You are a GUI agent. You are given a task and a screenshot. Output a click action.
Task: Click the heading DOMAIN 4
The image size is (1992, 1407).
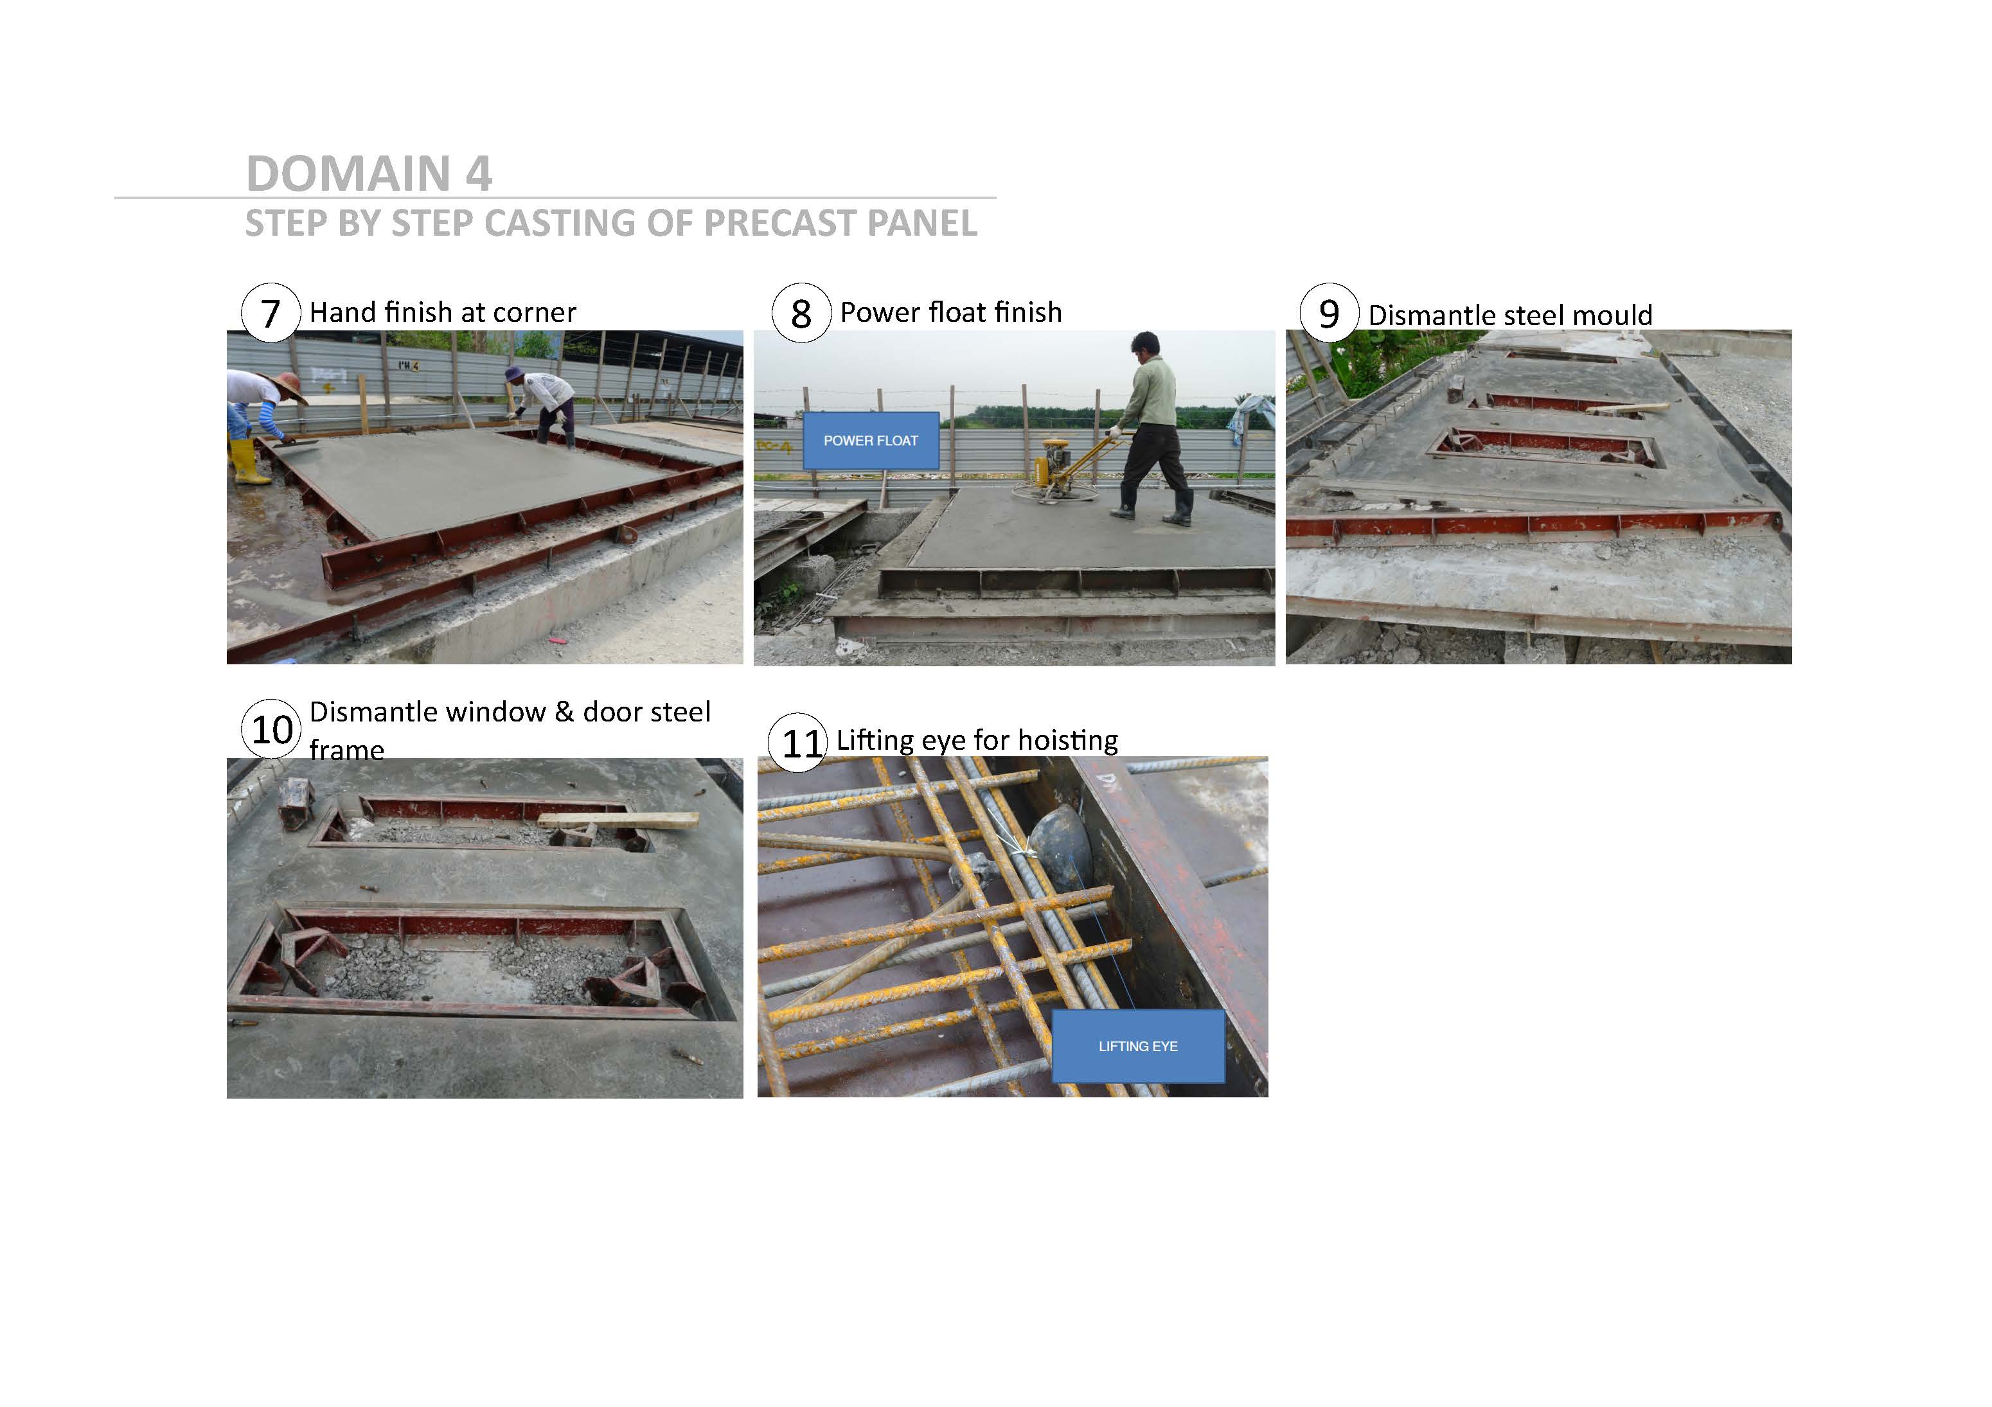pos(369,173)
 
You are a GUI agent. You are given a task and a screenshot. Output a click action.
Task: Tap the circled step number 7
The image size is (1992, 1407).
pos(271,313)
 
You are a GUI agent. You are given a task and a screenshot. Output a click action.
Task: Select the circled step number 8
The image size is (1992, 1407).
pos(801,313)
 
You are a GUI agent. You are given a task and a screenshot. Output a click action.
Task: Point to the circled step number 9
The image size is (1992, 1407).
pos(1329,313)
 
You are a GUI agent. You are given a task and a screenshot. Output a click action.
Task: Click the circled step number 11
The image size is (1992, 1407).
pos(800,743)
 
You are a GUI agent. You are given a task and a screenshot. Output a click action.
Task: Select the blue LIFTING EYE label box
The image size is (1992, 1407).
pos(1138,1046)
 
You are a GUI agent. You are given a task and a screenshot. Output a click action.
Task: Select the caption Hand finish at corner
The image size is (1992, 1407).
pos(443,312)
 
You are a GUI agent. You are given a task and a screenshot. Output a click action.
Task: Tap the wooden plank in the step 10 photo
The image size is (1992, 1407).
pos(618,820)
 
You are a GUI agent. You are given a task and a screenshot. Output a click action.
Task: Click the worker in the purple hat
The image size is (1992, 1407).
pos(542,404)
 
